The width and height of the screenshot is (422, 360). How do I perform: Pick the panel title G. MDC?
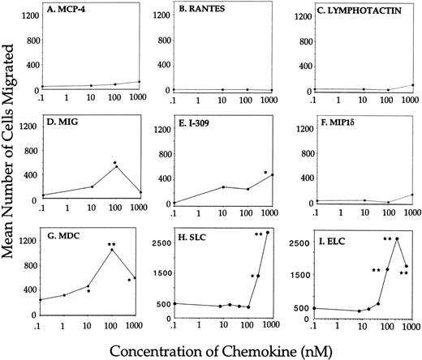[x=69, y=236]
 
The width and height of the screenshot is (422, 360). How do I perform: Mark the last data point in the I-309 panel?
[x=273, y=174]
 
